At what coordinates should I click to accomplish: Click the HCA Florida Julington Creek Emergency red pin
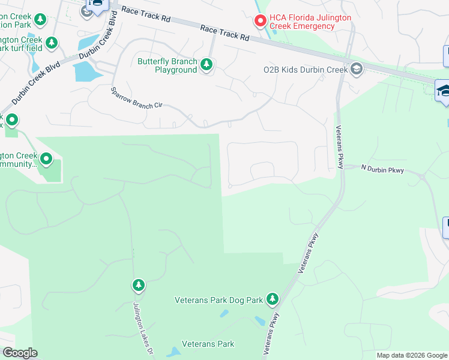[261, 21]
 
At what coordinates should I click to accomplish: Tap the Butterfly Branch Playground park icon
[207, 64]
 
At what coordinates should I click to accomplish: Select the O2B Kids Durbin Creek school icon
[357, 69]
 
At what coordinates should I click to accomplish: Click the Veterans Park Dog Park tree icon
[273, 298]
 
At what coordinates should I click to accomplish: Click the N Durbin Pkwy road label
[383, 170]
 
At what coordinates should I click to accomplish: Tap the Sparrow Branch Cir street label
[137, 97]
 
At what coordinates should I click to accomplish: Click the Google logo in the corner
[20, 353]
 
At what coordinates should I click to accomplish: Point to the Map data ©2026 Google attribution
[412, 355]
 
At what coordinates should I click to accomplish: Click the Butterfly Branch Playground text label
[167, 65]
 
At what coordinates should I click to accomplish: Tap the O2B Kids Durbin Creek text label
[306, 70]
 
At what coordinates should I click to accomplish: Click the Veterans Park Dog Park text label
[219, 299]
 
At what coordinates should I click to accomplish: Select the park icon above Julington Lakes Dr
[139, 285]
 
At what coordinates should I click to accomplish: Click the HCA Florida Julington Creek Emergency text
[310, 22]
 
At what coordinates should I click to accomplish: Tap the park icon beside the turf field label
[52, 43]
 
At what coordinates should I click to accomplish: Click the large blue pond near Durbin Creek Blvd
[85, 71]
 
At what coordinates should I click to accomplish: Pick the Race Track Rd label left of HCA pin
[224, 32]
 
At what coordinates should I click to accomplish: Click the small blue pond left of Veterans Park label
[173, 352]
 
